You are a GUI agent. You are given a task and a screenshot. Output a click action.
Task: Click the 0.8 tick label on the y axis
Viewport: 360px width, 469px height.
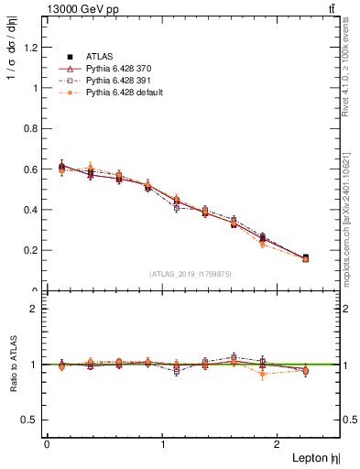[x=32, y=129]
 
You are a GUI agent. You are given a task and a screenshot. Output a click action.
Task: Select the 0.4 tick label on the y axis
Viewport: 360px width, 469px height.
[x=32, y=210]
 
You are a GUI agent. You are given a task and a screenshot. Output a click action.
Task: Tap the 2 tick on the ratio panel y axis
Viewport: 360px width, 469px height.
[x=38, y=309]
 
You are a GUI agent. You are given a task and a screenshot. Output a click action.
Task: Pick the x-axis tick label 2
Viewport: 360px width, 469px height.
[x=279, y=443]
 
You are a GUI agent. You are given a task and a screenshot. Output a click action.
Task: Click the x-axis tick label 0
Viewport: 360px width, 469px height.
[x=47, y=443]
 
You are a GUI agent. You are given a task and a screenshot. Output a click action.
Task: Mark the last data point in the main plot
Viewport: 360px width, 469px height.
[x=305, y=258]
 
